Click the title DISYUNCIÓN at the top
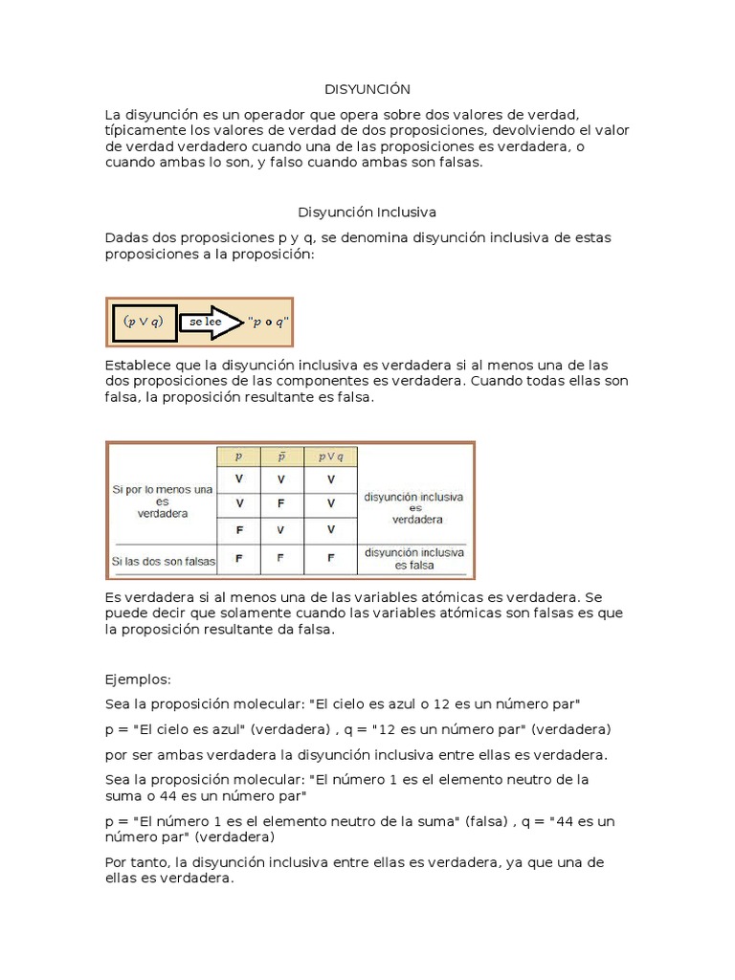[x=367, y=89]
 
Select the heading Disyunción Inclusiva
[x=367, y=211]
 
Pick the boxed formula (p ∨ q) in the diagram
[x=145, y=322]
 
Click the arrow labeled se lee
[x=211, y=322]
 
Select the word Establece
[x=140, y=365]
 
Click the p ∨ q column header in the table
[x=330, y=457]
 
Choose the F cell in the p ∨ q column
[x=330, y=556]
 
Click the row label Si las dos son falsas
[x=164, y=560]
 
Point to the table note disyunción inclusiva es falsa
[x=414, y=559]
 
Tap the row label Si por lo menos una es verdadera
[x=162, y=501]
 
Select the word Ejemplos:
[x=138, y=679]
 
